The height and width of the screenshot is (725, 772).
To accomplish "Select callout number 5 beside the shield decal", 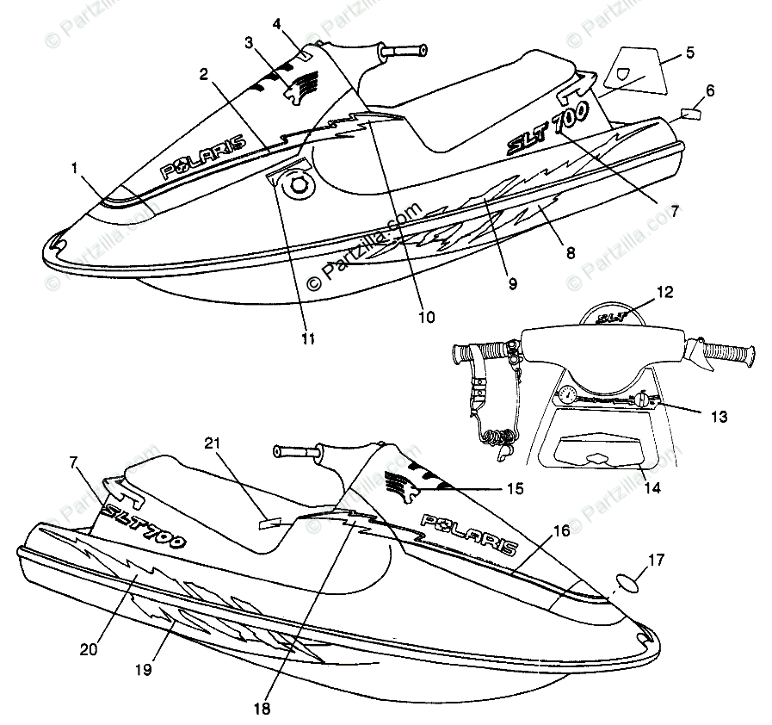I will pos(690,53).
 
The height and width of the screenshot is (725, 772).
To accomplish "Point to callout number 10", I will pos(426,317).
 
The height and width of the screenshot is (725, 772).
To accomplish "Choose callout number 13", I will pos(720,417).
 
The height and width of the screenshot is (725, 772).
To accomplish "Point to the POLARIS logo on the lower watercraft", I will pos(468,534).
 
